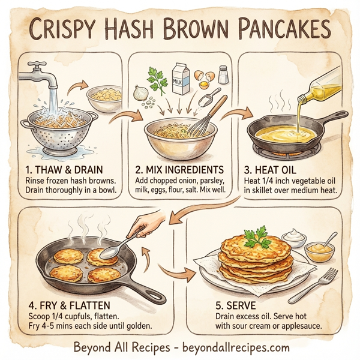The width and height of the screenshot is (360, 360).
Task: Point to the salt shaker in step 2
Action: (223, 75)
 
